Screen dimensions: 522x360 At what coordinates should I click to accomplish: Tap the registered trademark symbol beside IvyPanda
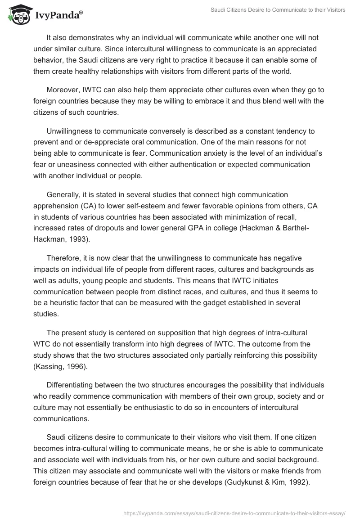(81, 13)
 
